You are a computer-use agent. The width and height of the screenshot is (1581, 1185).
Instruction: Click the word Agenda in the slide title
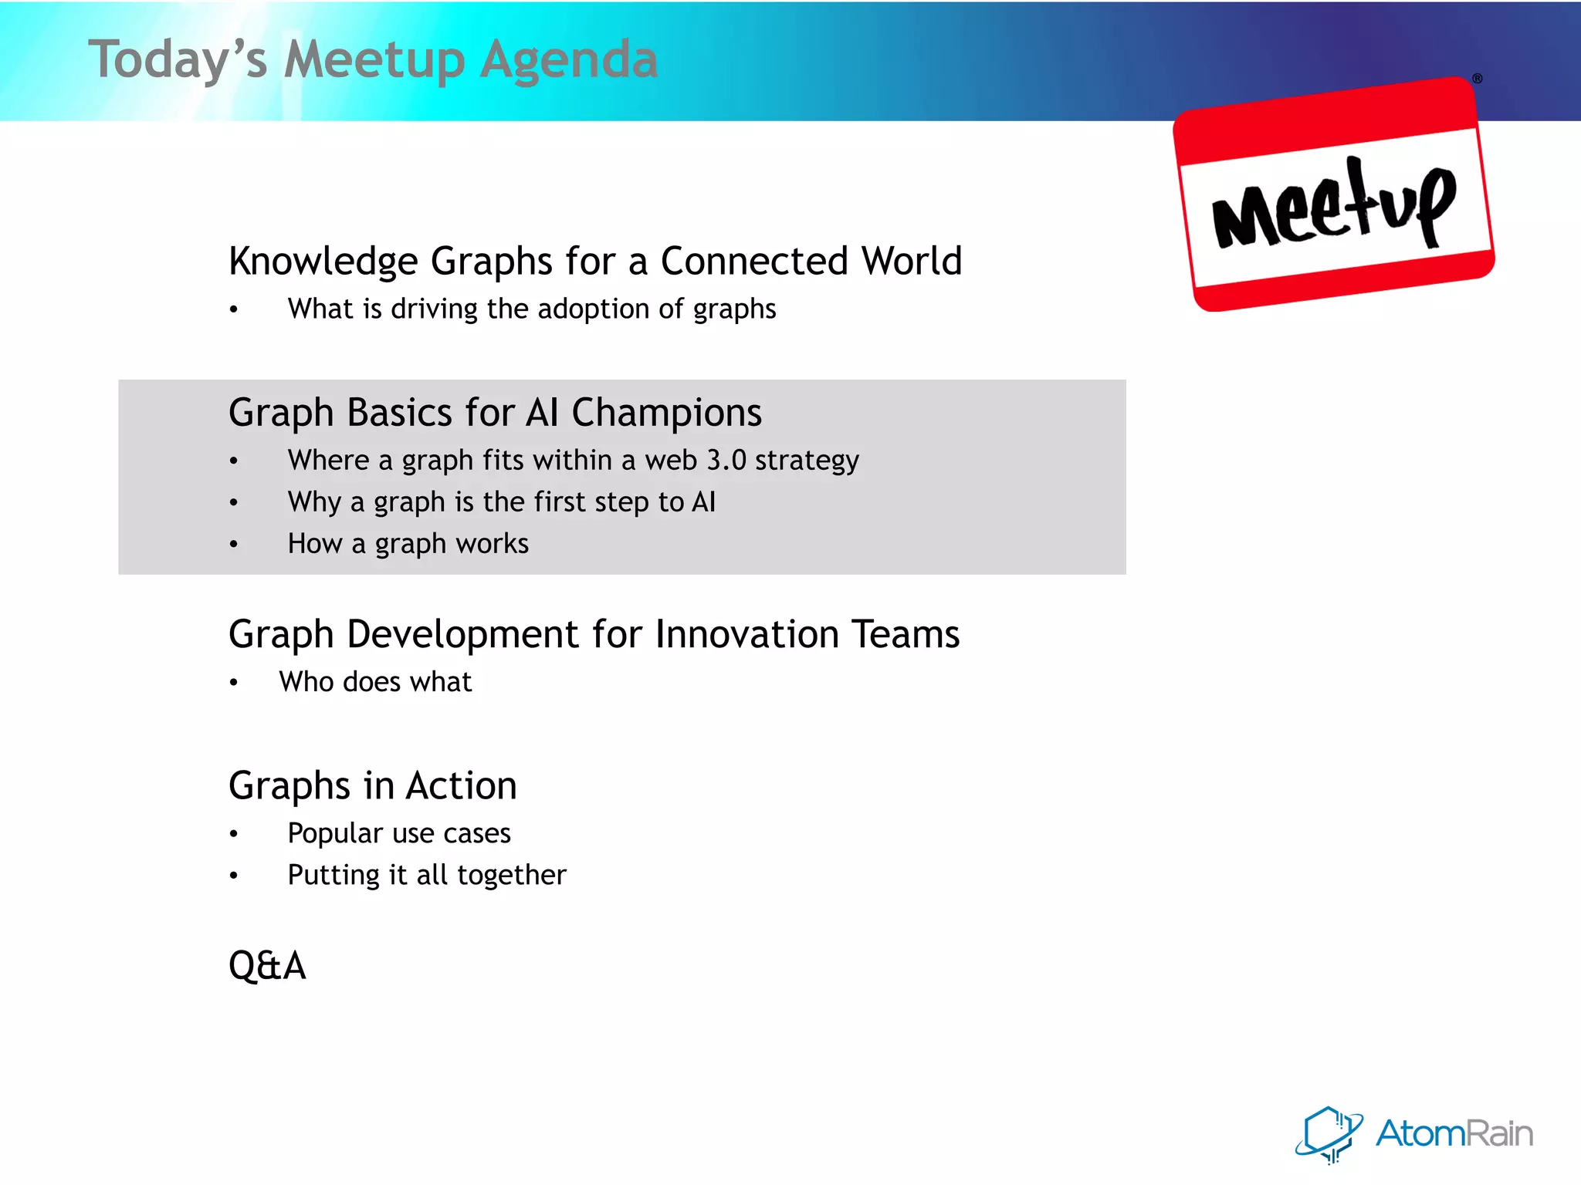[x=569, y=60]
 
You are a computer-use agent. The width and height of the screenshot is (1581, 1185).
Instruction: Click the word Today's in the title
[x=178, y=60]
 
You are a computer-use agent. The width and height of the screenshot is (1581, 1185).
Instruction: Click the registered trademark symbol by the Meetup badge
[x=1477, y=79]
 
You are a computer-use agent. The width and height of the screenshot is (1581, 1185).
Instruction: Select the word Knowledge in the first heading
[x=323, y=262]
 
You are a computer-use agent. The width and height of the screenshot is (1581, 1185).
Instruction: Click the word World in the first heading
[x=912, y=261]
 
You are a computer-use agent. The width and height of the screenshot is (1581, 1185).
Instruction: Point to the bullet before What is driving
[x=234, y=310]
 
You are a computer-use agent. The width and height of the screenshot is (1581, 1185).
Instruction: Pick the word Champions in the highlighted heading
[x=666, y=413]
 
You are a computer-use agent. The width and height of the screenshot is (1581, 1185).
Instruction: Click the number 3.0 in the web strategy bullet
[x=726, y=460]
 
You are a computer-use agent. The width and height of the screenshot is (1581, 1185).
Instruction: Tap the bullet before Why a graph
[x=234, y=503]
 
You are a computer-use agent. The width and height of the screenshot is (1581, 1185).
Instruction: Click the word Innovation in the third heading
[x=746, y=634]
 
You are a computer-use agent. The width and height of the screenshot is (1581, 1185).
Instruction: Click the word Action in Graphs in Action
[x=462, y=786]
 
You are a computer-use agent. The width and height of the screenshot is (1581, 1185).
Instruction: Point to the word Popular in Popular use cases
[x=335, y=833]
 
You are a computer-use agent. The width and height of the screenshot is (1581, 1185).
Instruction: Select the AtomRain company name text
[x=1454, y=1133]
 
